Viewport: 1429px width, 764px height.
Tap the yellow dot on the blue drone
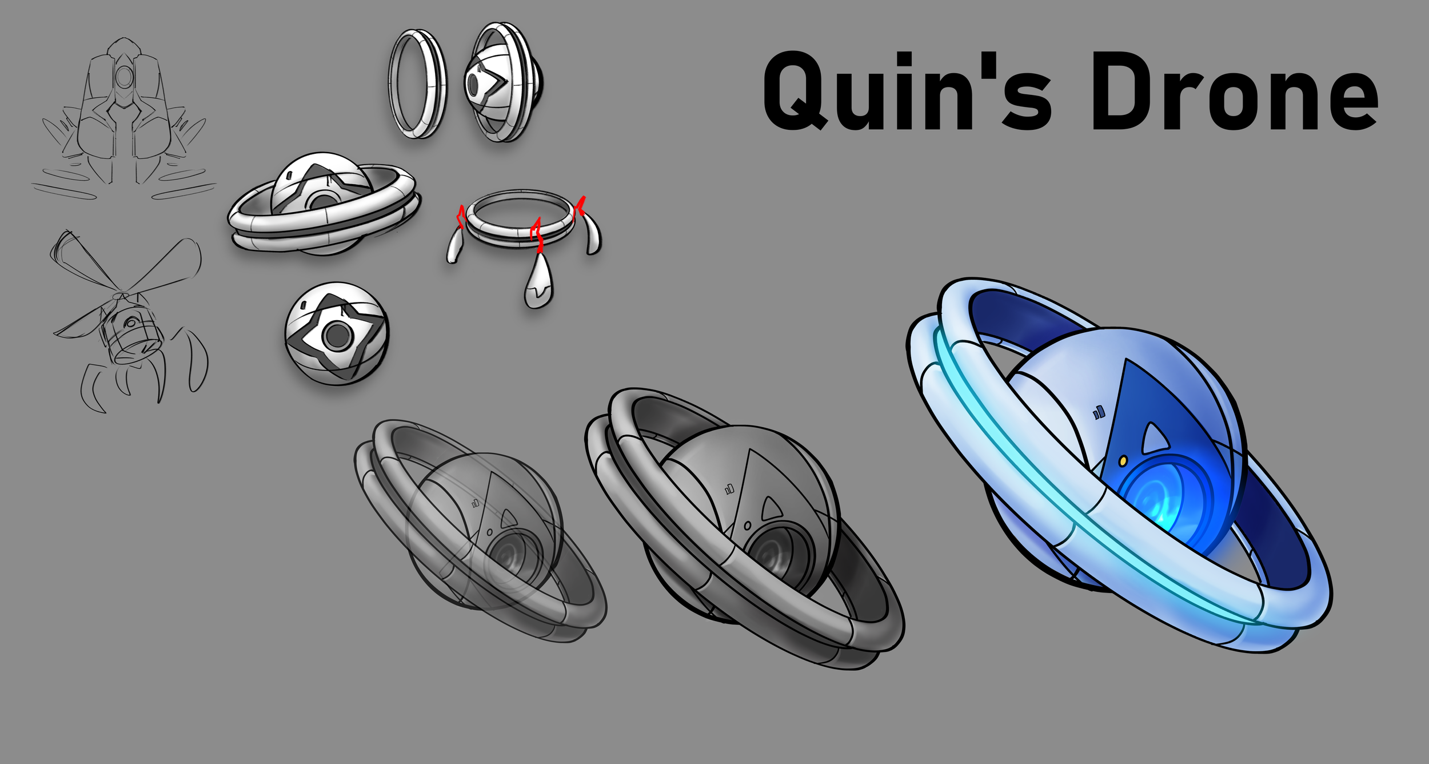1123,460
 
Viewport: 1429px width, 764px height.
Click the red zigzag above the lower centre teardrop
536,234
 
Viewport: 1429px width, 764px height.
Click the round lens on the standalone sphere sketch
336,336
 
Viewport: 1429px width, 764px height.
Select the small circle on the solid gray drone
747,525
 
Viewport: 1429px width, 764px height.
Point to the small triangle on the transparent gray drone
508,519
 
